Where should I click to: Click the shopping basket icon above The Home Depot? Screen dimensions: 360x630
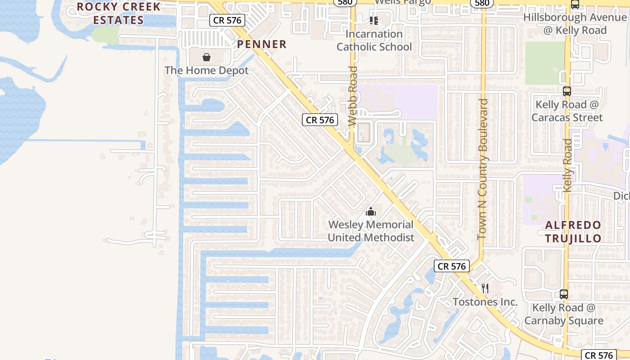pyautogui.click(x=206, y=57)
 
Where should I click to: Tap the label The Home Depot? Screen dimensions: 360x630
pyautogui.click(x=206, y=71)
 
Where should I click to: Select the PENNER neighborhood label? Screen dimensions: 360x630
pyautogui.click(x=261, y=44)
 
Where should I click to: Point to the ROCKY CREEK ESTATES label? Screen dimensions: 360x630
pyautogui.click(x=118, y=13)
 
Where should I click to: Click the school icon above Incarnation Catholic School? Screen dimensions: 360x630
pyautogui.click(x=373, y=20)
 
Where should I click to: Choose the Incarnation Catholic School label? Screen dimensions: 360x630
pyautogui.click(x=374, y=40)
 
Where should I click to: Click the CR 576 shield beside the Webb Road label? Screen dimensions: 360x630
pyautogui.click(x=320, y=120)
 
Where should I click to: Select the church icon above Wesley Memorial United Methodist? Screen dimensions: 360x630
pyautogui.click(x=371, y=211)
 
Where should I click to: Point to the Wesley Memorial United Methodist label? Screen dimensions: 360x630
pyautogui.click(x=371, y=231)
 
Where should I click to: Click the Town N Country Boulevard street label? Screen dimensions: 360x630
pyautogui.click(x=482, y=169)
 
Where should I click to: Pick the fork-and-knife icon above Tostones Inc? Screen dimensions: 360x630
pyautogui.click(x=485, y=288)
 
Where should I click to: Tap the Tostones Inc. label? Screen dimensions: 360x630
pyautogui.click(x=485, y=302)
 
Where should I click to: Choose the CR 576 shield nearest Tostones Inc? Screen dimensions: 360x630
pyautogui.click(x=452, y=266)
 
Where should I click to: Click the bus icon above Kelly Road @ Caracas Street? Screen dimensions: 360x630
pyautogui.click(x=567, y=91)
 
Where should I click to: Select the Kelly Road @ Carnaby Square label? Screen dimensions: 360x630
pyautogui.click(x=564, y=314)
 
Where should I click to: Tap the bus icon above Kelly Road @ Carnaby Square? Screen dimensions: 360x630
pyautogui.click(x=564, y=294)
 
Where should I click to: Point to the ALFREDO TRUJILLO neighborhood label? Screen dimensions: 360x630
pyautogui.click(x=573, y=232)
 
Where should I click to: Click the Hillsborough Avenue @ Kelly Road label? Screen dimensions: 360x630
pyautogui.click(x=575, y=24)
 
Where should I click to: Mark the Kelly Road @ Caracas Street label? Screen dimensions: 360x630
pyautogui.click(x=567, y=111)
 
